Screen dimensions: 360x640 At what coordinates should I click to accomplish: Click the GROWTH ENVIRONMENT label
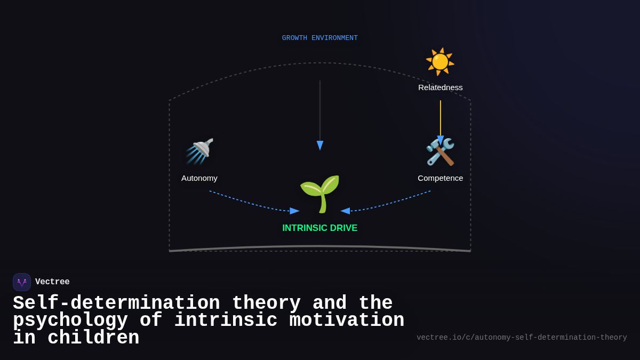tap(320, 38)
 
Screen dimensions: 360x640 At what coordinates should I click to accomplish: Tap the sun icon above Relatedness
tap(440, 61)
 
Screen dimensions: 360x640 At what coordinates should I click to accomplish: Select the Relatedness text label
tap(441, 87)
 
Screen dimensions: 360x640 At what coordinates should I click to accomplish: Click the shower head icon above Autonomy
tap(199, 151)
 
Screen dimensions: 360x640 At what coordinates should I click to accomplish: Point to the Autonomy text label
tap(199, 178)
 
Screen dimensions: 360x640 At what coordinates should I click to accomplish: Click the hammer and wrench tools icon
tap(440, 152)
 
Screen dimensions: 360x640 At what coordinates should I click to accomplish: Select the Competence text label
tap(441, 178)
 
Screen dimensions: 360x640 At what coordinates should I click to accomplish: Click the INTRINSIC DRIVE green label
tap(320, 228)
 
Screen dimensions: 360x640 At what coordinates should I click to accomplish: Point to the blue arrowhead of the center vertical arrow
tap(320, 146)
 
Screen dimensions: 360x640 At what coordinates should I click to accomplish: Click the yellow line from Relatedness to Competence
tap(441, 117)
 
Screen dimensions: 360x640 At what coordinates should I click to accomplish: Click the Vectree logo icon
tap(22, 282)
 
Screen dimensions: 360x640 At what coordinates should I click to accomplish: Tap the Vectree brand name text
tap(52, 282)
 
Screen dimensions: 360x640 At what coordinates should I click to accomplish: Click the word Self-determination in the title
tap(116, 303)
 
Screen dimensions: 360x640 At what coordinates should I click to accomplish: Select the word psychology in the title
tap(70, 321)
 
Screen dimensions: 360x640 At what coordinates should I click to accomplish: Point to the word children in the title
tap(93, 338)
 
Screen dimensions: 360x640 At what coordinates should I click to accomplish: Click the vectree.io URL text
tap(522, 338)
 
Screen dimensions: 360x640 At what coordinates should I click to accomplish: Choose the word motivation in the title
tap(347, 321)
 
